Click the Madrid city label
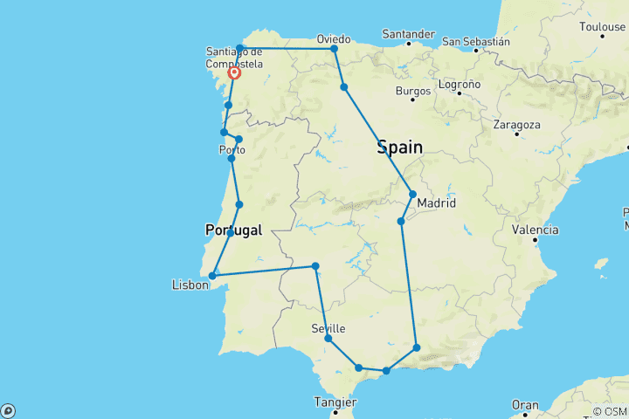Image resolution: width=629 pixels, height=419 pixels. click(x=437, y=203)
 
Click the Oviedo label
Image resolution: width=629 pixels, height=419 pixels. click(x=334, y=38)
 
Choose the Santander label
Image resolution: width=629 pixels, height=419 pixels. click(x=408, y=35)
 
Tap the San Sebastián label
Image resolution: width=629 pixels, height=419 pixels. click(x=476, y=41)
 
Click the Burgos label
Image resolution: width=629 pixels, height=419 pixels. click(x=413, y=91)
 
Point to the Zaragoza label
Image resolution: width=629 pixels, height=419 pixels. click(x=516, y=125)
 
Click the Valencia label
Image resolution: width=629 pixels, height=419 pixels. click(x=536, y=230)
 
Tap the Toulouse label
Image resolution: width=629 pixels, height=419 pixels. click(x=602, y=27)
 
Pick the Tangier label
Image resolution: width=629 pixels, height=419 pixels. click(x=335, y=402)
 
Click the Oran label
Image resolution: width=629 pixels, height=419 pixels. click(x=524, y=405)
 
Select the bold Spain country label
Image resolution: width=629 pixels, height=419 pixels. click(x=400, y=148)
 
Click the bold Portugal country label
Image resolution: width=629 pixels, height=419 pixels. click(x=232, y=230)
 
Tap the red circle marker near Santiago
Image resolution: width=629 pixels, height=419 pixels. click(x=234, y=73)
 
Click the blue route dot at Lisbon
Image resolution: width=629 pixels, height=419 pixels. click(x=212, y=276)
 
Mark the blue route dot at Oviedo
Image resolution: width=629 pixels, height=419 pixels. click(x=334, y=49)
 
